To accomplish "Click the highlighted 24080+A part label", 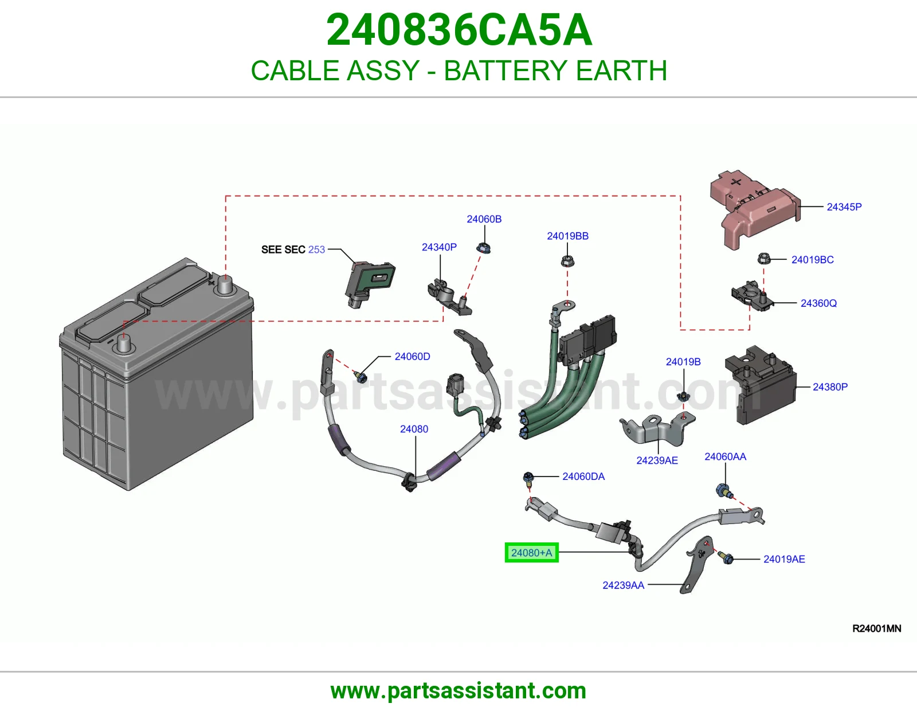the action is tap(531, 552).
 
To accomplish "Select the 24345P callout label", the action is tap(844, 207).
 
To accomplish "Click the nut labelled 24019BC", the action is tap(763, 259).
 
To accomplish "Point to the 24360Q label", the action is tap(818, 303).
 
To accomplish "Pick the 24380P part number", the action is tap(830, 386).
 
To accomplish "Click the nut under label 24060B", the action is tap(484, 248).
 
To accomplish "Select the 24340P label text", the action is tap(439, 247).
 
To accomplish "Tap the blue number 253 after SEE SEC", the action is tap(316, 249).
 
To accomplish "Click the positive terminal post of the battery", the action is tap(225, 286).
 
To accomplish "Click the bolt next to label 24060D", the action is tap(360, 377).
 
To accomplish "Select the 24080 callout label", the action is tap(414, 429).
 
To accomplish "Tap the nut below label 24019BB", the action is tap(567, 260).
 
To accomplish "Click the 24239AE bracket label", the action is tap(657, 460).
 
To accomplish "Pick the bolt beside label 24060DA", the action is tap(528, 479).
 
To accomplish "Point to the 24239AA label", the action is tap(624, 585).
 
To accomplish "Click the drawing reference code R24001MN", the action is tap(876, 628).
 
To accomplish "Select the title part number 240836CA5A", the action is tap(459, 30).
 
